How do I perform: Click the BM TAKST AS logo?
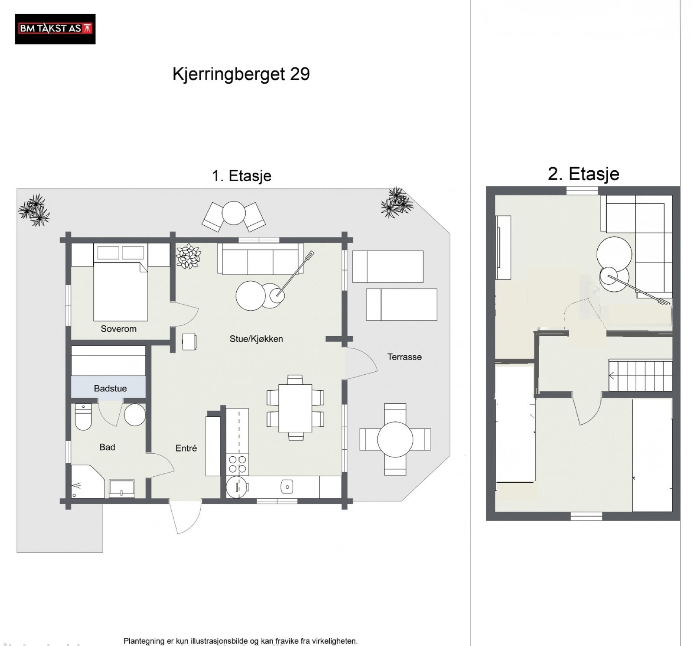pos(55,29)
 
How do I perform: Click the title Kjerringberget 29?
pos(241,74)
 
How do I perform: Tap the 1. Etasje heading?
pos(241,176)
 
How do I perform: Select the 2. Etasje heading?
pos(583,174)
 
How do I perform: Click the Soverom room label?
pos(118,329)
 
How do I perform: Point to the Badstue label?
pos(110,389)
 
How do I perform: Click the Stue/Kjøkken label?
pos(256,339)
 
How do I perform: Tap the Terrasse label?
pos(404,357)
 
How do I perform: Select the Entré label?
pos(186,448)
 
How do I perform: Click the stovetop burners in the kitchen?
pos(237,464)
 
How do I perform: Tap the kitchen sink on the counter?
pos(286,487)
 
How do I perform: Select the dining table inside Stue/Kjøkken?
pos(295,408)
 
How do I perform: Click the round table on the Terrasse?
pos(395,439)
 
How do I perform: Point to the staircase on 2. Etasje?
pos(640,375)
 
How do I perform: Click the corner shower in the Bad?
pos(87,482)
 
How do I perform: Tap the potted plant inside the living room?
pos(188,256)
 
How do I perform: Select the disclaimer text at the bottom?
pos(240,641)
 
